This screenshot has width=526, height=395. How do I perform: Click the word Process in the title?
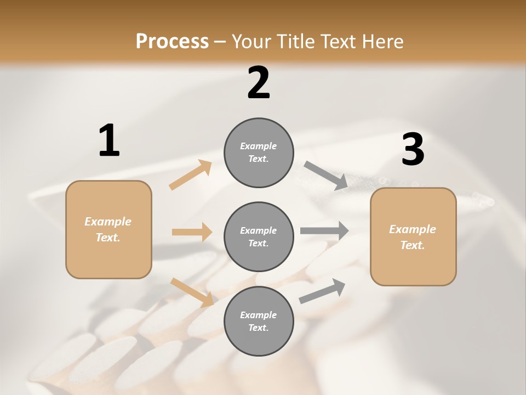[x=172, y=42]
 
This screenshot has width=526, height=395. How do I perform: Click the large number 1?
[x=109, y=140]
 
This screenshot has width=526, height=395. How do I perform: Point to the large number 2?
[x=259, y=83]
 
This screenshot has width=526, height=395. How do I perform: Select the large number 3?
[x=413, y=150]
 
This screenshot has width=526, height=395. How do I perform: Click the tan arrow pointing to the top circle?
[x=191, y=175]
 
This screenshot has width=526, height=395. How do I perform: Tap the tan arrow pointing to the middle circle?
[x=192, y=232]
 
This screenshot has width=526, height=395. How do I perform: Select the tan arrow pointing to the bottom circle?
[x=192, y=292]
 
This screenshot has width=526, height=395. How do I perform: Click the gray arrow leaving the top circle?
[x=325, y=176]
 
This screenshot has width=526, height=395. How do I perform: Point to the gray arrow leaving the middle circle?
[x=324, y=230]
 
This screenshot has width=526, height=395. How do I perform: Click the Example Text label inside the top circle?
[x=259, y=153]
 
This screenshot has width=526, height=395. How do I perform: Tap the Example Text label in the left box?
[x=108, y=229]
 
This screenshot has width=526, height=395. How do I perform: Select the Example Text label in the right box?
[x=413, y=237]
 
